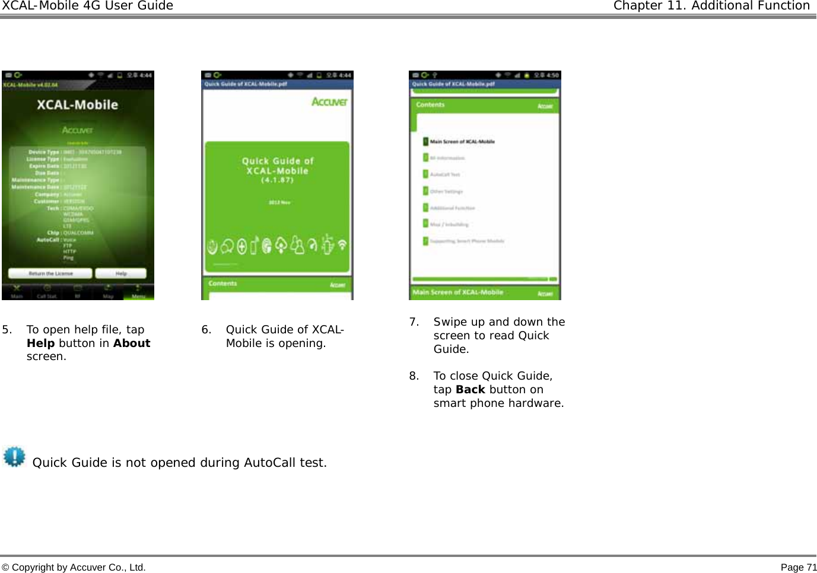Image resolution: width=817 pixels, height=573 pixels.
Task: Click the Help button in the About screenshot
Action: tap(121, 273)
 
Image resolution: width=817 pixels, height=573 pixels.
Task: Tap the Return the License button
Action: tap(50, 273)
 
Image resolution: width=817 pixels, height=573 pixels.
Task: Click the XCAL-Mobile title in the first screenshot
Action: tap(78, 105)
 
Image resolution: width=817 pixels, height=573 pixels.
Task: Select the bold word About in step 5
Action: tap(132, 343)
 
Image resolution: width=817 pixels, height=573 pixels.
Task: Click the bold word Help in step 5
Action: tap(40, 343)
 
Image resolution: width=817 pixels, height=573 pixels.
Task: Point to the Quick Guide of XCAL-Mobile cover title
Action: tap(278, 166)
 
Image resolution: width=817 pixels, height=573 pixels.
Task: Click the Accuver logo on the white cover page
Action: tap(329, 102)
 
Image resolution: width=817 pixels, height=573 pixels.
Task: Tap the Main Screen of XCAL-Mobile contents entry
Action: tap(462, 142)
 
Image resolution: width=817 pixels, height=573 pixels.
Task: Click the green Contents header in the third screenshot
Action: tap(430, 105)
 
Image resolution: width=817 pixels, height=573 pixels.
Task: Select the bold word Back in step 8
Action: tap(471, 390)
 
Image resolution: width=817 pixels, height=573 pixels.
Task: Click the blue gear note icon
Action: tap(14, 457)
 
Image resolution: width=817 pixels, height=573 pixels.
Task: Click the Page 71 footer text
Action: tap(798, 568)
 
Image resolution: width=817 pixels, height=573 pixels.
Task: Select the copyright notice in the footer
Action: tap(74, 568)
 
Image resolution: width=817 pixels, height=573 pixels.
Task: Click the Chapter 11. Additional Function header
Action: tap(711, 6)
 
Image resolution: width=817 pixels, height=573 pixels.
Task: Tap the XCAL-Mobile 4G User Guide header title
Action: tap(87, 6)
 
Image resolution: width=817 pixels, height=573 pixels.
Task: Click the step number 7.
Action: tap(414, 322)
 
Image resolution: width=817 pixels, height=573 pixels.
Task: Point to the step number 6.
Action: tap(206, 330)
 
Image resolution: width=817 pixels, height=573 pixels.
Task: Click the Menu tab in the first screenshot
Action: tap(138, 294)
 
